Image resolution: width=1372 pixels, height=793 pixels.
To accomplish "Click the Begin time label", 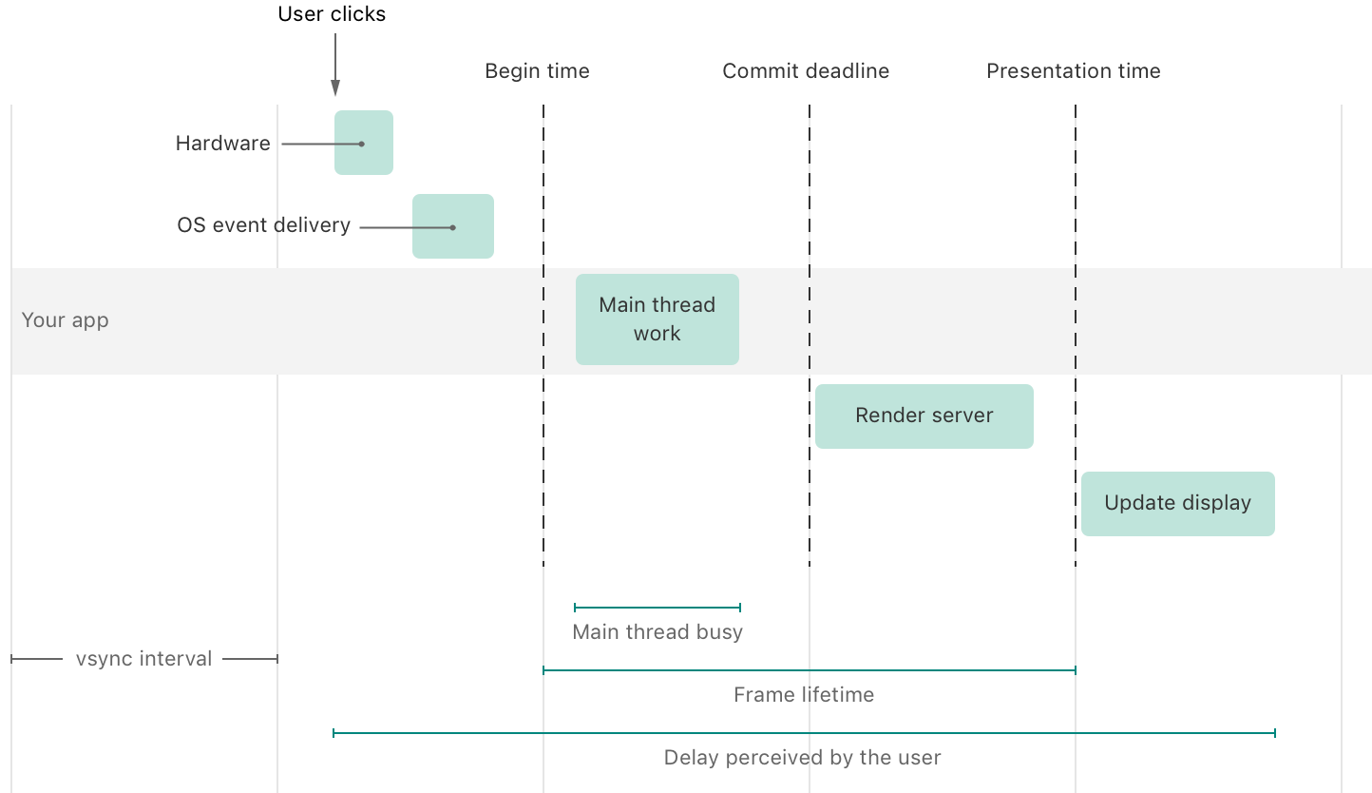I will point(537,71).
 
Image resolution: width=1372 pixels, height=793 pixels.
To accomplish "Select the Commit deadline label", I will point(806,71).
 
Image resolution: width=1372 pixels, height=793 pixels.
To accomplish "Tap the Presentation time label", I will point(1073,71).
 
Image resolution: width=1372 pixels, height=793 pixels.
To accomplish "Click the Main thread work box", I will point(657,319).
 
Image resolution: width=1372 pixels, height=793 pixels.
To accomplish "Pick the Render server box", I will point(924,416).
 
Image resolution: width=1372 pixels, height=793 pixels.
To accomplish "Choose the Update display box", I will point(1177,503).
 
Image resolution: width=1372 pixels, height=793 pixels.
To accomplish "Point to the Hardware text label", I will point(222,144).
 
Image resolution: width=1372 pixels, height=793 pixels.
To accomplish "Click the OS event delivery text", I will point(263,225).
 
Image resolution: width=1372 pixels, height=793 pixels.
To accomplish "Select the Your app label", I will point(65,320).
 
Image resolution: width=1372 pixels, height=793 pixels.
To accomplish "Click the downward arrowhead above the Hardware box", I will point(335,89).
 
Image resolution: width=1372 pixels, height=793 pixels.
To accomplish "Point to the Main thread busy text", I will point(657,631).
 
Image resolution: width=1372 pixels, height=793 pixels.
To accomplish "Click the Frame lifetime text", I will point(803,695).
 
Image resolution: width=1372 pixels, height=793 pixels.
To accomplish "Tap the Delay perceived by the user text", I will point(802,758).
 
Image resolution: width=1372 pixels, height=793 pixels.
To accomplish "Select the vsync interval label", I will point(143,658).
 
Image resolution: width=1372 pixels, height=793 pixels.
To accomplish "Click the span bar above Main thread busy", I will point(657,607).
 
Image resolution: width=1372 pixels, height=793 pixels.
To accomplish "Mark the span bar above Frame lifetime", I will point(809,670).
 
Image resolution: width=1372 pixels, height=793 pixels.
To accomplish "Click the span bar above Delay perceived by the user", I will point(804,733).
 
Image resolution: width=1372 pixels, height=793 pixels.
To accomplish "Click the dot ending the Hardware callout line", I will point(362,144).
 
